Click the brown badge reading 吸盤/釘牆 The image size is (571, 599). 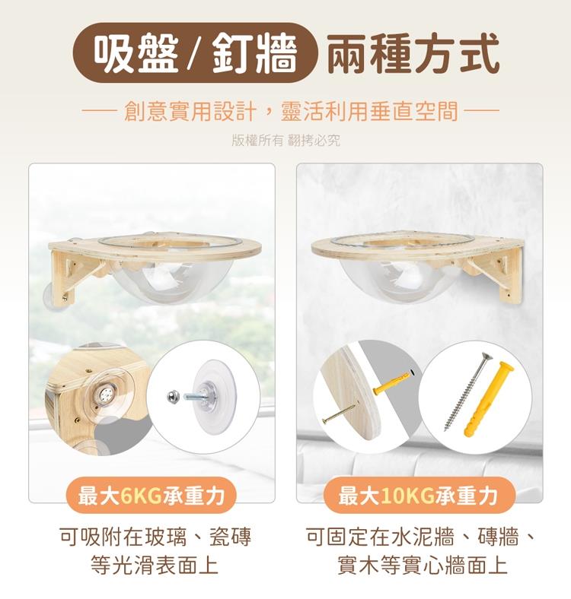[x=195, y=52]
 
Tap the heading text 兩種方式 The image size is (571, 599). [x=413, y=52]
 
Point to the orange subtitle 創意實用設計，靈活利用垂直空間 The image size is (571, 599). [x=291, y=111]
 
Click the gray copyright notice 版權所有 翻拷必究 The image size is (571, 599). [x=285, y=141]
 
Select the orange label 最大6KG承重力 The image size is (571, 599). [x=152, y=496]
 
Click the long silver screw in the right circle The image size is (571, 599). [x=467, y=391]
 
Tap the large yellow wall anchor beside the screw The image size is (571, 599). [x=489, y=398]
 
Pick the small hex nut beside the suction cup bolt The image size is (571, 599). [x=172, y=397]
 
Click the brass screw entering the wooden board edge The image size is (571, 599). [x=340, y=414]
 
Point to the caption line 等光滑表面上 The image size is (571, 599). [x=154, y=565]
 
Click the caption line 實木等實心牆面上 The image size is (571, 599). [x=422, y=565]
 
